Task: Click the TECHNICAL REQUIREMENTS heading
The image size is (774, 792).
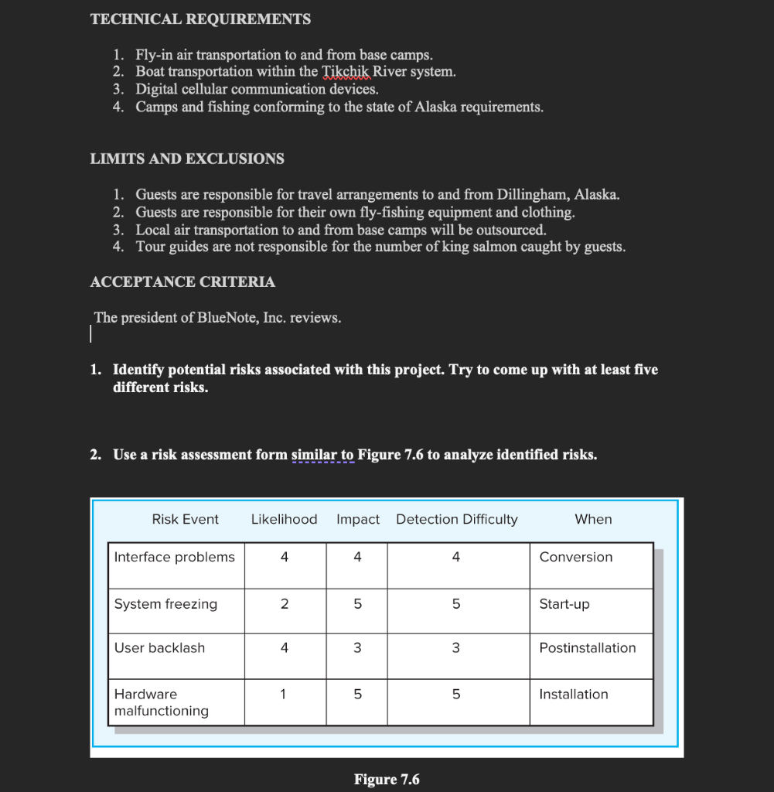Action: pyautogui.click(x=200, y=19)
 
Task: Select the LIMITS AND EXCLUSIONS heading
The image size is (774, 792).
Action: pyautogui.click(x=187, y=159)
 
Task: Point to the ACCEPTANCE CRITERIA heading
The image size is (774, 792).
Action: pyautogui.click(x=182, y=282)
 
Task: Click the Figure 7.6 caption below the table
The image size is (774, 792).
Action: pyautogui.click(x=387, y=779)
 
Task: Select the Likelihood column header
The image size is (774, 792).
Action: pyautogui.click(x=284, y=520)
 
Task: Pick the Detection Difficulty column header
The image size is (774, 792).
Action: pyautogui.click(x=456, y=520)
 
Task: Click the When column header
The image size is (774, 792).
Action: pyautogui.click(x=593, y=520)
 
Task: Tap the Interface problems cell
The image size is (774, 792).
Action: pyautogui.click(x=175, y=557)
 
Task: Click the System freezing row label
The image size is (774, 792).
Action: pyautogui.click(x=165, y=604)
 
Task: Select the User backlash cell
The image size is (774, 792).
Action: pyautogui.click(x=159, y=648)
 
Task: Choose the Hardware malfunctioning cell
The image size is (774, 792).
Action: pyautogui.click(x=161, y=702)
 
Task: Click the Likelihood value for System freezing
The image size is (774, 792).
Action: pyautogui.click(x=284, y=604)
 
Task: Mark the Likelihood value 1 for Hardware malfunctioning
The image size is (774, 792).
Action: pyautogui.click(x=284, y=695)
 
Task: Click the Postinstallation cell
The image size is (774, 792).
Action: pyautogui.click(x=588, y=648)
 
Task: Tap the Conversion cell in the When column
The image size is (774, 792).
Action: pyautogui.click(x=575, y=557)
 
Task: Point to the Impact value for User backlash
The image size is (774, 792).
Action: pyautogui.click(x=357, y=648)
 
